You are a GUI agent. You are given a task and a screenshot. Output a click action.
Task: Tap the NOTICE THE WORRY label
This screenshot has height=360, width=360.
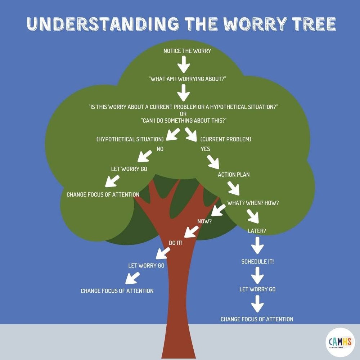tap(187, 51)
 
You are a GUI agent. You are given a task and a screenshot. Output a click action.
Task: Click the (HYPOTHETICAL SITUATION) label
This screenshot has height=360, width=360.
tap(130, 139)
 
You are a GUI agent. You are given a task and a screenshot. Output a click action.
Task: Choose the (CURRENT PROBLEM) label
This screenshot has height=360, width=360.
tap(226, 139)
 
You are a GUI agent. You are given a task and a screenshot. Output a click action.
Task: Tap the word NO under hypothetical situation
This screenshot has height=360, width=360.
tap(160, 148)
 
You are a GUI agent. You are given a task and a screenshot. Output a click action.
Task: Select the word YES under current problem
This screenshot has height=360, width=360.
tap(205, 148)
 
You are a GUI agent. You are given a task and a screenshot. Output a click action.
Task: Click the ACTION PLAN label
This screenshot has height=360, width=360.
tap(234, 175)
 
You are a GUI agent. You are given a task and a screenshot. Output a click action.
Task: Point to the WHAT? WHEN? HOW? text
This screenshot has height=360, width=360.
tap(253, 203)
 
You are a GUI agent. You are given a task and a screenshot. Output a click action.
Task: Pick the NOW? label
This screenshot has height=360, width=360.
tap(205, 221)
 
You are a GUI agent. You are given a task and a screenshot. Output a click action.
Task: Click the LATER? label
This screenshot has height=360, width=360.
tap(257, 231)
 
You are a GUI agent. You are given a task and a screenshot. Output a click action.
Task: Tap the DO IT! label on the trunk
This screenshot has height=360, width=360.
tap(176, 243)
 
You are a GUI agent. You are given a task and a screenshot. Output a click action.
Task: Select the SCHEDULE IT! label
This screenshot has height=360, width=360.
tap(257, 261)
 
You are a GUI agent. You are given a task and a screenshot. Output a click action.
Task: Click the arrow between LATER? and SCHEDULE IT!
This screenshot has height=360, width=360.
tap(257, 247)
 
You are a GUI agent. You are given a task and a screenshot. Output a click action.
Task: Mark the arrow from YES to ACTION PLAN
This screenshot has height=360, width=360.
tap(213, 162)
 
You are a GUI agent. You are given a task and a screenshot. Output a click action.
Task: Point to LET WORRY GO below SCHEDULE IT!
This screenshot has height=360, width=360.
tap(257, 289)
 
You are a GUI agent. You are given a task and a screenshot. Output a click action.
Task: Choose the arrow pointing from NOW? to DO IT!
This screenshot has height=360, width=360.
tap(192, 231)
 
